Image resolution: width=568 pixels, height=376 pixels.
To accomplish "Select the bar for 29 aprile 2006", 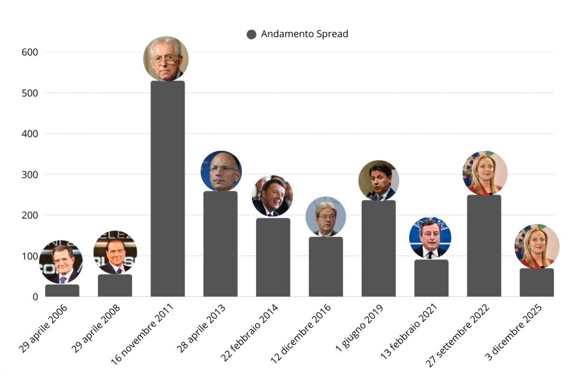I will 62,291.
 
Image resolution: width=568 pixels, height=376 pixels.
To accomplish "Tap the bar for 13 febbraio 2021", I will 431,278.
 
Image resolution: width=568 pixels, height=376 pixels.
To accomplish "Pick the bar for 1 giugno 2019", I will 379,248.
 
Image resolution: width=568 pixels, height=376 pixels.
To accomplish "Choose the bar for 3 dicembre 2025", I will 536,282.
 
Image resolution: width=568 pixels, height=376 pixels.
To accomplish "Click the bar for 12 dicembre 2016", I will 326,267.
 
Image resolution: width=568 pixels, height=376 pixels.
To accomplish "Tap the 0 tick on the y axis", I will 35,297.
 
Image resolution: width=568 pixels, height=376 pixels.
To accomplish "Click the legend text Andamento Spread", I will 305,34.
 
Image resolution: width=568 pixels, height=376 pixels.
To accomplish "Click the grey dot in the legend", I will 251,35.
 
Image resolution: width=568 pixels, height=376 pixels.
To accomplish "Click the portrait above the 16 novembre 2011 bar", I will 166,58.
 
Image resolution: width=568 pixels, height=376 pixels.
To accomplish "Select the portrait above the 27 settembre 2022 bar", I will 485,173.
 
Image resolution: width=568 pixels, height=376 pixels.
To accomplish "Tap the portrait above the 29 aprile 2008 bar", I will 115,252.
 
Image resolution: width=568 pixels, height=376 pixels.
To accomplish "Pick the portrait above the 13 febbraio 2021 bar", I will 430,237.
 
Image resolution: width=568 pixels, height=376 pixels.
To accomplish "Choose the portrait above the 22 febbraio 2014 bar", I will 272,196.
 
